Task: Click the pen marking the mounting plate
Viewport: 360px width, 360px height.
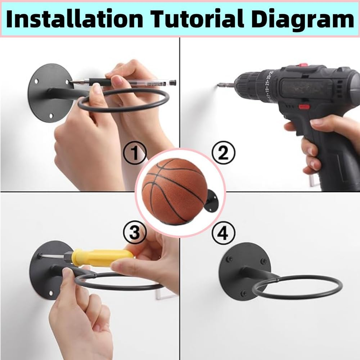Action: pos(122,83)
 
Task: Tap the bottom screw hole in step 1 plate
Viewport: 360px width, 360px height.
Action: pos(51,116)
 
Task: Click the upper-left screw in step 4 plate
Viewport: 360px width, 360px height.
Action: pos(229,258)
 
